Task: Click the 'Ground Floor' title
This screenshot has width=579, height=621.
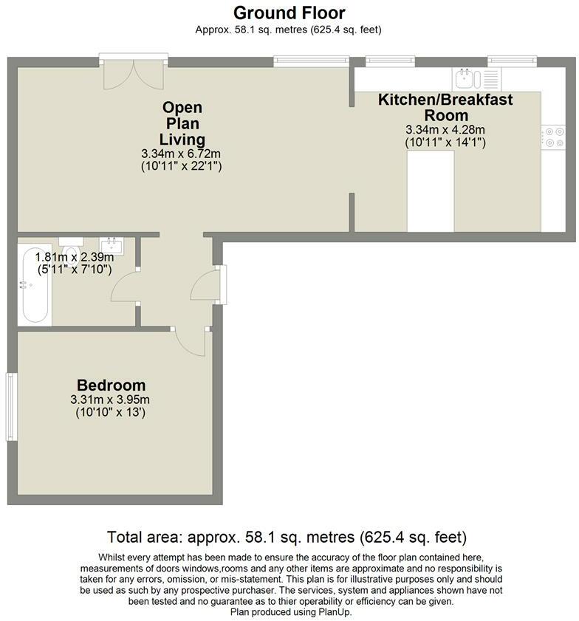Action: point(289,13)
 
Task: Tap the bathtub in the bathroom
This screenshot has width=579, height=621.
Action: point(35,287)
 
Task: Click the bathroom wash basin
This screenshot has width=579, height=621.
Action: point(112,244)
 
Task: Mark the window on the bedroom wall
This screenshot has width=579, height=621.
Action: point(10,407)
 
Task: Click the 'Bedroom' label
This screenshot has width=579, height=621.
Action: point(111,385)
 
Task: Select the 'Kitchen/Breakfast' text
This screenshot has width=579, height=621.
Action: point(445,99)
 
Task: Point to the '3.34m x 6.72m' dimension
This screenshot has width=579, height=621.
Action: point(181,154)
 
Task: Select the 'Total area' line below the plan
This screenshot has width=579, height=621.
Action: point(287,537)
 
